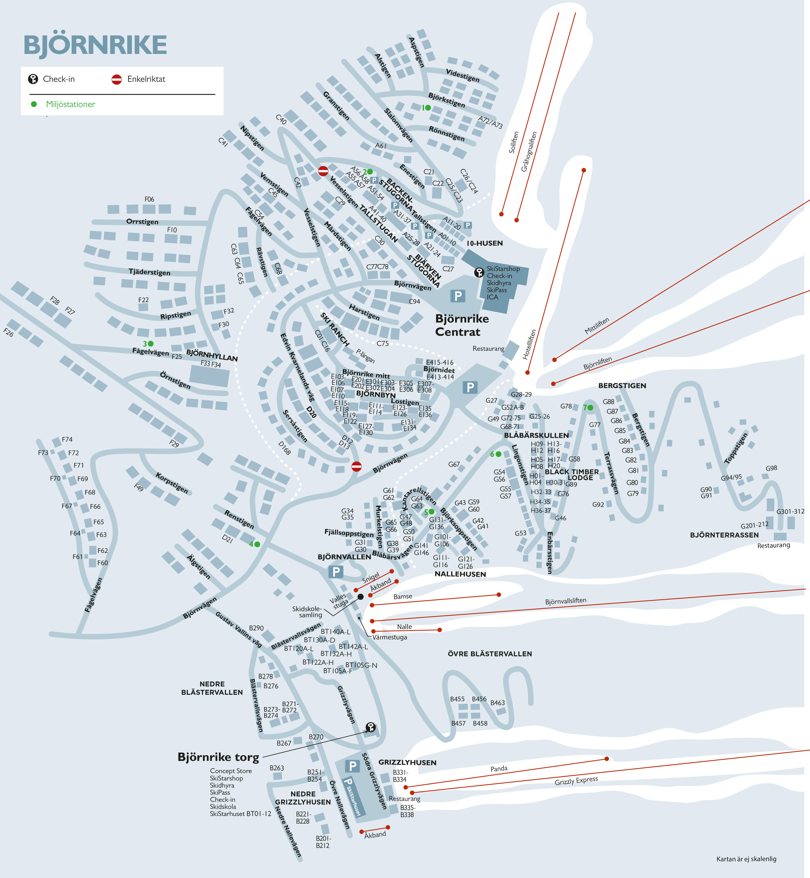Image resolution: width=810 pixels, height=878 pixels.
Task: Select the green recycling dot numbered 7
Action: (x=590, y=407)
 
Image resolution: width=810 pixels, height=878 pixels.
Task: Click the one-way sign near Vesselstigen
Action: (x=323, y=171)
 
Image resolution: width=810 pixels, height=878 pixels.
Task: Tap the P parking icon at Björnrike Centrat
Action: (x=458, y=296)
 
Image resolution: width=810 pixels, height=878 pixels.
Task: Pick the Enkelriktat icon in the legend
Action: (x=117, y=79)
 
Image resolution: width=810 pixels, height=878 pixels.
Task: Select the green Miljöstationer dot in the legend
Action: (x=34, y=104)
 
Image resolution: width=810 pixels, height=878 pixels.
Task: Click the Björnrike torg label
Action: (x=218, y=757)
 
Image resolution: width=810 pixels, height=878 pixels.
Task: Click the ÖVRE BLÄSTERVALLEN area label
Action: (x=490, y=654)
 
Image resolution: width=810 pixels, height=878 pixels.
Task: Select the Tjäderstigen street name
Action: (x=150, y=272)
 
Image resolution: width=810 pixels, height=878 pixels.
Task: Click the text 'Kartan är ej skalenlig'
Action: (x=746, y=859)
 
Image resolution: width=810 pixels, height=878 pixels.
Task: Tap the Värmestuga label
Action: (x=390, y=637)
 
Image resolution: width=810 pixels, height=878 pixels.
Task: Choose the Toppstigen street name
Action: (x=736, y=449)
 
